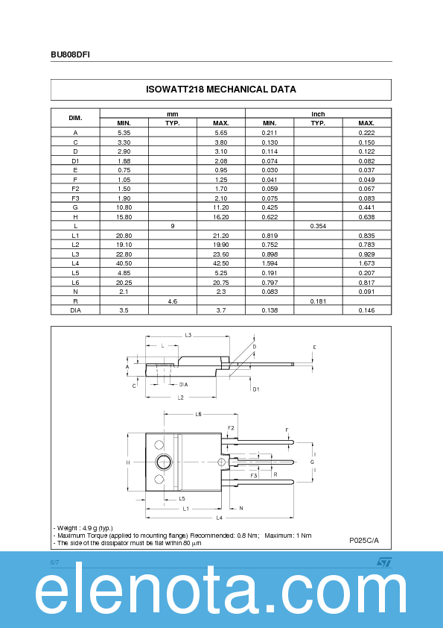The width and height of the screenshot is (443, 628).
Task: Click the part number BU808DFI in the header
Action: point(71,55)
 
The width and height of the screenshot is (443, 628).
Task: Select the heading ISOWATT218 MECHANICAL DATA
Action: point(221,90)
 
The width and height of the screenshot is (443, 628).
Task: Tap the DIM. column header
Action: point(75,118)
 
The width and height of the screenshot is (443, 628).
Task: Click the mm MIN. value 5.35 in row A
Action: point(124,132)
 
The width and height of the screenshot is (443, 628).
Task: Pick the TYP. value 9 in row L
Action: point(173,225)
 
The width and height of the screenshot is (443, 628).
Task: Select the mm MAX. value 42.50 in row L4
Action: point(221,263)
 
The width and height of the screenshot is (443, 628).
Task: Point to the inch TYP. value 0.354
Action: point(318,225)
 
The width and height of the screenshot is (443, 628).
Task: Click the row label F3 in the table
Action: point(75,198)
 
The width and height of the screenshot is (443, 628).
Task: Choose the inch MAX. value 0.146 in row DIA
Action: point(366,310)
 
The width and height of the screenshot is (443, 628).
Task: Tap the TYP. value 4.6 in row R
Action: point(173,300)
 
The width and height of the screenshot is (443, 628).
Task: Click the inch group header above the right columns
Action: point(318,114)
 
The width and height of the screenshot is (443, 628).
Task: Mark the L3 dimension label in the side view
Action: point(188,336)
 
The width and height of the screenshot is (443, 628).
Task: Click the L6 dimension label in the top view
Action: point(199,414)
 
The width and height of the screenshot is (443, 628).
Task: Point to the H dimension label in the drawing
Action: point(128,463)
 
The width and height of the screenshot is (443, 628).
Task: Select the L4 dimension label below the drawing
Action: point(220,518)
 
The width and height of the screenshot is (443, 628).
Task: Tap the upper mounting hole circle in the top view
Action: point(159,445)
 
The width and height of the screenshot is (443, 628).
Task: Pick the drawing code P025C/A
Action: point(364,539)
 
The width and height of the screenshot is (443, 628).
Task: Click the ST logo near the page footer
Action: point(383,562)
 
